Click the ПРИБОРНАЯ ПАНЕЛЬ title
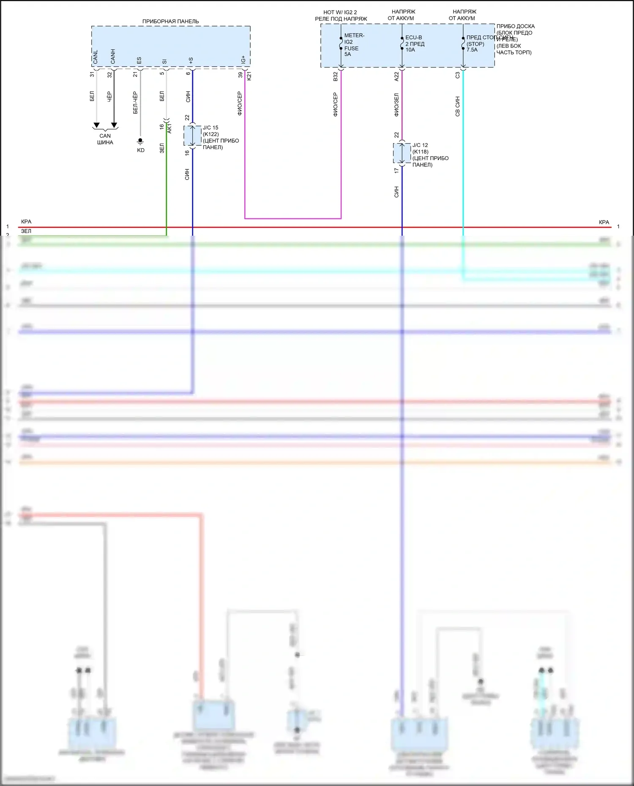pos(170,22)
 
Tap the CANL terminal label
pos(95,57)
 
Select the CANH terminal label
pos(113,57)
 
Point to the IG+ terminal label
pos(243,60)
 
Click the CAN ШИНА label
pos(105,139)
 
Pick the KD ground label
pos(141,150)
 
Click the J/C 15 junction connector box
pos(192,136)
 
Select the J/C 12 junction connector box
pos(402,153)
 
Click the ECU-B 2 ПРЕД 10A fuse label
pos(415,44)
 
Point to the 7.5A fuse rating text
pos(472,50)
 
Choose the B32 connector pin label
pos(336,76)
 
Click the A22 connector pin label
pos(396,76)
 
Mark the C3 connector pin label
pos(457,75)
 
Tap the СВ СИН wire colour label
pos(457,106)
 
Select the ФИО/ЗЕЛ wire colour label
pos(396,105)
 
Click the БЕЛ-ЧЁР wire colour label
pos(135,103)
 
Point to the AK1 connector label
pos(169,128)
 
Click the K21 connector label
pos(249,76)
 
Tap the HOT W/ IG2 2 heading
pos(340,12)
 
